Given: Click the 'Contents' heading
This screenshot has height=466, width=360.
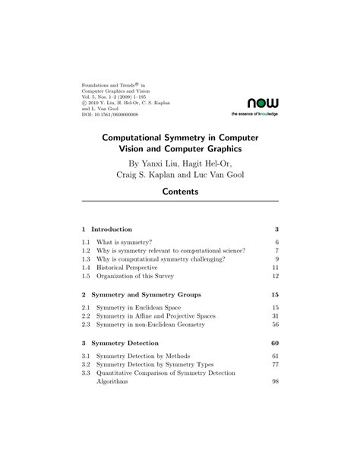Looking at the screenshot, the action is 180,192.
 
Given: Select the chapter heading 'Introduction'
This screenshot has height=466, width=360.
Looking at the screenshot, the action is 112,229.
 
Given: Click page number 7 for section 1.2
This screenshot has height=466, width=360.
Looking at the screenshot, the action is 277,250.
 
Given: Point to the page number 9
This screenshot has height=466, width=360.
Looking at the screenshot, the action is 277,259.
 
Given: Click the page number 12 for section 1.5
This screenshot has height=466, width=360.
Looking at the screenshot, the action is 276,277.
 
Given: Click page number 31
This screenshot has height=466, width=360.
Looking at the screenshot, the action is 276,315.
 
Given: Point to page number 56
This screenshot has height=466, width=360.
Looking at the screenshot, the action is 276,325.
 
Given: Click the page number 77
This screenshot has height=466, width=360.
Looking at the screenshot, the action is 276,365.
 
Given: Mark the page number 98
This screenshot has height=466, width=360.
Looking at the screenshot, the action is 276,382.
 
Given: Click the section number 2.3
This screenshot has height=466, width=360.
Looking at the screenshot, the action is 87,325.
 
